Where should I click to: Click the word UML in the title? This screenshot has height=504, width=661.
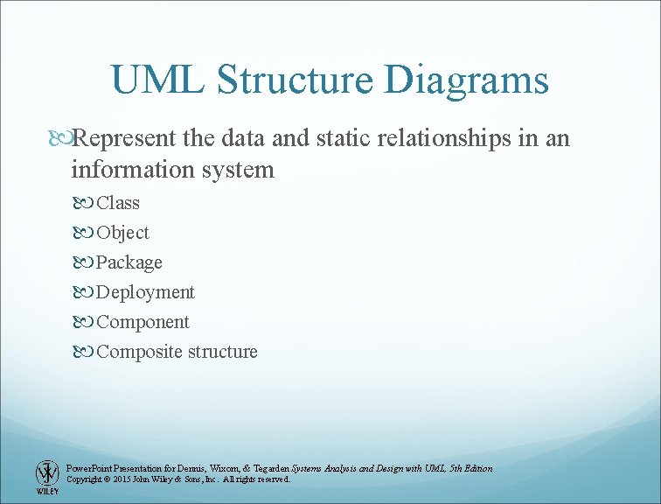click(x=157, y=80)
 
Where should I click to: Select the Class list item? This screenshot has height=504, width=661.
click(x=118, y=203)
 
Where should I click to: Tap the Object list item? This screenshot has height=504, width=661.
click(x=122, y=233)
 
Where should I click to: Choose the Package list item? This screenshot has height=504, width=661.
click(x=129, y=262)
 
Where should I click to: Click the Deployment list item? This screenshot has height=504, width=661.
click(x=145, y=292)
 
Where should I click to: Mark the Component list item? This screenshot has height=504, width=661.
click(x=143, y=322)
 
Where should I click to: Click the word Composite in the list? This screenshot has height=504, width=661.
click(x=139, y=352)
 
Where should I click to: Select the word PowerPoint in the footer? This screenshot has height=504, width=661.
click(x=89, y=469)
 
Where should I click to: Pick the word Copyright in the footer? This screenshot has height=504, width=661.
click(x=84, y=479)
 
